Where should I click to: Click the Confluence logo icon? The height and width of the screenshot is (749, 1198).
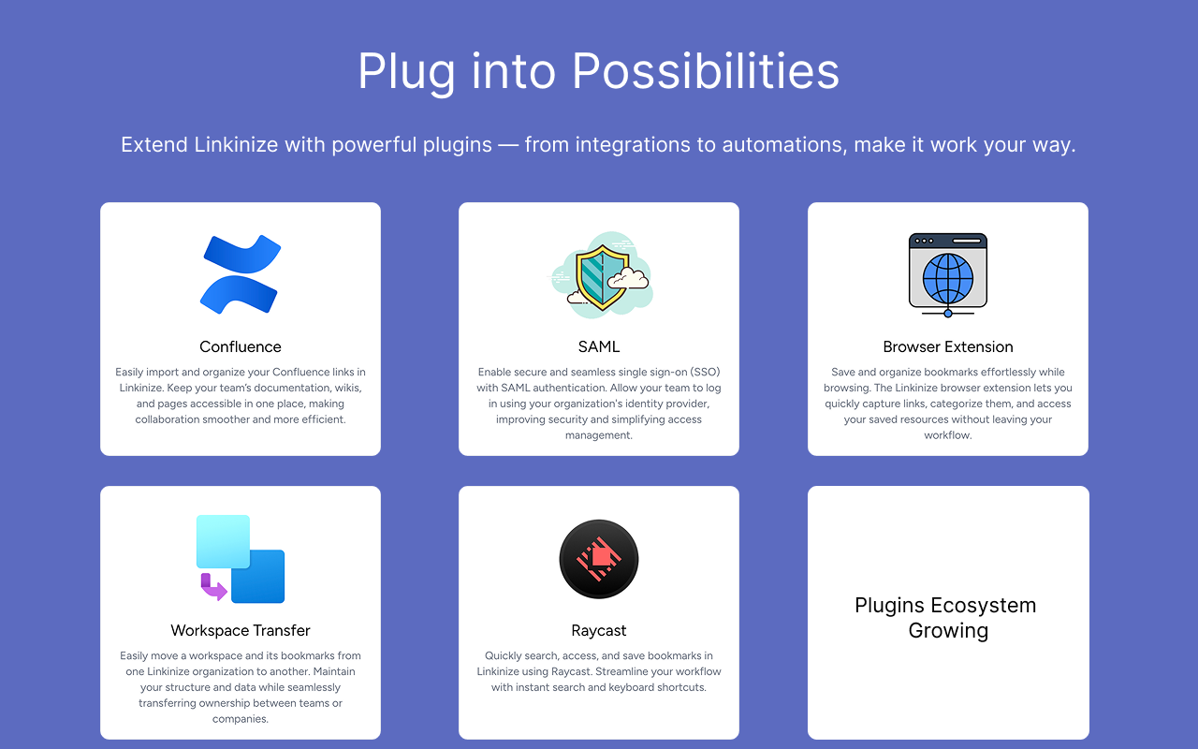click(x=241, y=273)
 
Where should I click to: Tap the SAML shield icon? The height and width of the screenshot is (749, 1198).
click(x=601, y=277)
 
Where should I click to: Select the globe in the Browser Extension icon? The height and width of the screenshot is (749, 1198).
click(x=948, y=278)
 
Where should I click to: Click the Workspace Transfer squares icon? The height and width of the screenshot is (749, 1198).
click(x=241, y=559)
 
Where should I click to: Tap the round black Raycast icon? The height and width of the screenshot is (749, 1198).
click(x=599, y=559)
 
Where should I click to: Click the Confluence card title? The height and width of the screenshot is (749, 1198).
click(x=241, y=346)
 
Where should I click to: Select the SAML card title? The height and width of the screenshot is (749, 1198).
click(x=599, y=346)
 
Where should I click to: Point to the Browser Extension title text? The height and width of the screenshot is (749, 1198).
click(x=948, y=346)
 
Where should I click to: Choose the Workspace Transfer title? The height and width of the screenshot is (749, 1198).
click(x=241, y=630)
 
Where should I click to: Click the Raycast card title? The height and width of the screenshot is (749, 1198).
click(x=599, y=630)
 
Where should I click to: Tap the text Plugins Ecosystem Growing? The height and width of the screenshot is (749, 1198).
click(x=945, y=618)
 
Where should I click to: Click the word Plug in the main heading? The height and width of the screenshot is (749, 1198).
click(x=408, y=71)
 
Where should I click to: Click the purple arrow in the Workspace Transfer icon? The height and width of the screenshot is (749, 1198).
click(x=212, y=588)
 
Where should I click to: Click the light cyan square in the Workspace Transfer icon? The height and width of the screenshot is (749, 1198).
click(x=223, y=541)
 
